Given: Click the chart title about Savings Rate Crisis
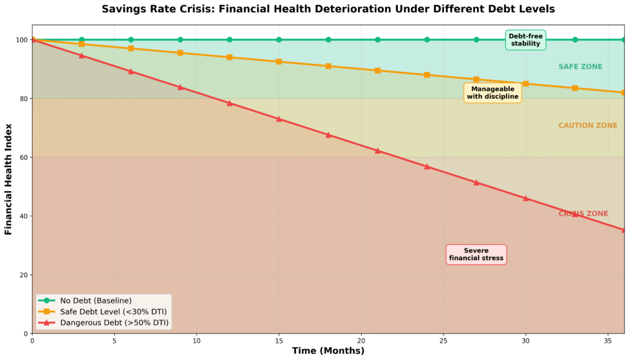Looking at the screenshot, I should (327, 9).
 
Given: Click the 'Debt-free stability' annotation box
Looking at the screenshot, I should (525, 40).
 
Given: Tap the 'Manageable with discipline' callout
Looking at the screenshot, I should (493, 93).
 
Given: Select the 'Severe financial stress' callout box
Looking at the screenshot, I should (476, 254).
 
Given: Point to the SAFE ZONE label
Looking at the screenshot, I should (580, 66).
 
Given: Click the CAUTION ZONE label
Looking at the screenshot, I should (588, 125).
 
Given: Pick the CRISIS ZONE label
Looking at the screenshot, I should (583, 214).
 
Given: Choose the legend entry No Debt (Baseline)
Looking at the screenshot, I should (95, 300).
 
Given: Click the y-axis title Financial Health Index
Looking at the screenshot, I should (9, 179).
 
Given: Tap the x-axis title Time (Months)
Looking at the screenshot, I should (327, 351).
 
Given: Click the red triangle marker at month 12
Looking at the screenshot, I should (230, 103).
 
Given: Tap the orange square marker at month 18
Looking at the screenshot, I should (328, 66).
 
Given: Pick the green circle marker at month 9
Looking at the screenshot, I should (180, 40).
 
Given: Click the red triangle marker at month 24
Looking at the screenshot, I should (427, 166).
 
